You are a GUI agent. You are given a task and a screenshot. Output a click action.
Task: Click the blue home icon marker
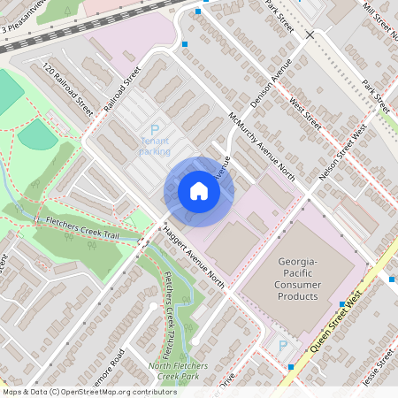(199, 191)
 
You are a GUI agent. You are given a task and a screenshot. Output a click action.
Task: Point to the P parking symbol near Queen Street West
(283, 346)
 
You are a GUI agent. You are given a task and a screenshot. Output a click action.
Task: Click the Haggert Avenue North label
(194, 255)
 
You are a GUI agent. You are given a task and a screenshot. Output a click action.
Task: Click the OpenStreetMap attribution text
(89, 392)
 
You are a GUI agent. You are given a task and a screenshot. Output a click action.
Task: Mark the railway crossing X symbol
(310, 34)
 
